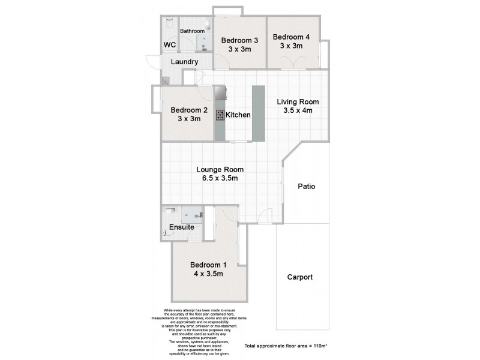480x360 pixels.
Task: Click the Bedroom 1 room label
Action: (x=208, y=265)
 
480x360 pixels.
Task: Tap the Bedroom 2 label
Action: (x=189, y=110)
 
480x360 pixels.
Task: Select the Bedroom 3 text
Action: (x=239, y=41)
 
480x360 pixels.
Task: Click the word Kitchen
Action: (x=238, y=115)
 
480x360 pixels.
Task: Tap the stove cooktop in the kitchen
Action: (x=220, y=115)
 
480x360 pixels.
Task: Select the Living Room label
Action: (x=298, y=101)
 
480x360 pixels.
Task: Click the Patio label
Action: (x=306, y=187)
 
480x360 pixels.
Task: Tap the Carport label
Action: (x=299, y=277)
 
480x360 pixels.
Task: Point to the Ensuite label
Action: (x=181, y=227)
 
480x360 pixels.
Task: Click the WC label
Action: (x=170, y=45)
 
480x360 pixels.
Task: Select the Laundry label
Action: (x=184, y=62)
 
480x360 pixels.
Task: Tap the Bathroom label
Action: (x=193, y=31)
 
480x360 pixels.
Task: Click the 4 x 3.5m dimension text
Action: (x=208, y=274)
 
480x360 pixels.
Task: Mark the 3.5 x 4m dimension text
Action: (x=298, y=110)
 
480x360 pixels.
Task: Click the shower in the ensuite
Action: (x=193, y=214)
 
